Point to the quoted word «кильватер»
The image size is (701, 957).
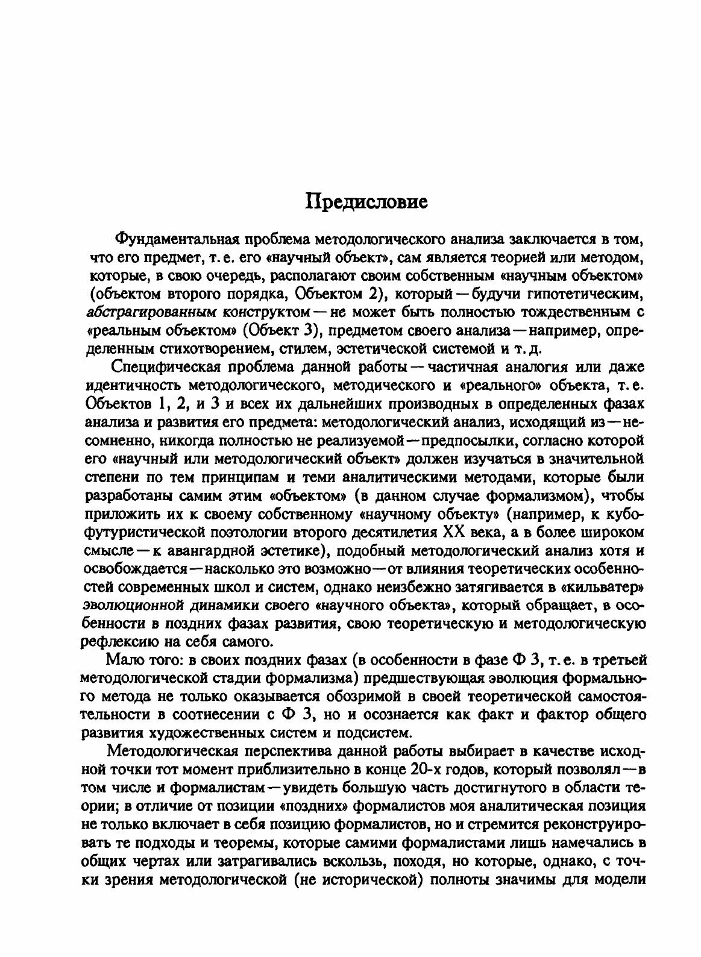(606, 589)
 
